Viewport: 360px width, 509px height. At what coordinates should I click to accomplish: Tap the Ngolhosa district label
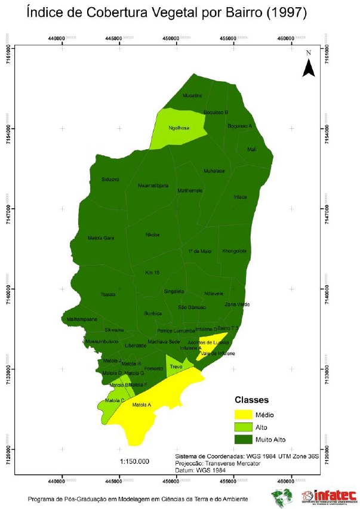(x=179, y=128)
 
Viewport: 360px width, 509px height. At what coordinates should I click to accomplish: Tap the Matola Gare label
(x=100, y=238)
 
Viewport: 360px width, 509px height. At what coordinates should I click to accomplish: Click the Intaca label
(x=240, y=197)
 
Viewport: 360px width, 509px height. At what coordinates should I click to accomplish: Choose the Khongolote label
(x=234, y=251)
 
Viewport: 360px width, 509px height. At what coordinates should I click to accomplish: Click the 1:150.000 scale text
(x=134, y=461)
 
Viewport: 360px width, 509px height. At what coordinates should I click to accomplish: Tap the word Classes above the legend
(x=251, y=400)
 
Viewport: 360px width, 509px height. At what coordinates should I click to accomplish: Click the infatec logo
(x=330, y=496)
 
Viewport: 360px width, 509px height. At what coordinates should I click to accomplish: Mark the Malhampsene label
(x=82, y=319)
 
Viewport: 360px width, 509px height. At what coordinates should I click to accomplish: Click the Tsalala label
(x=108, y=295)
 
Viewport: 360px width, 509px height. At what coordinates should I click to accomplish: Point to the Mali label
(x=252, y=150)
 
